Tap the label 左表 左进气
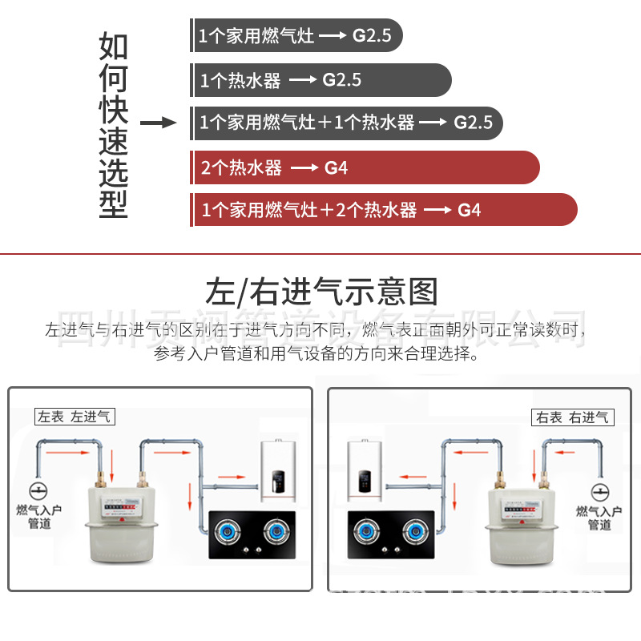[x=75, y=417]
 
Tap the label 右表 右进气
[x=572, y=417]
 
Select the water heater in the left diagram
[x=280, y=476]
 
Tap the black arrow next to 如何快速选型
[x=158, y=123]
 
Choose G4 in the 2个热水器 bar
[x=336, y=168]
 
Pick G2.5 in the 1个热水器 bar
[x=342, y=81]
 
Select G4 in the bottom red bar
[x=470, y=211]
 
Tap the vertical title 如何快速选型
[x=113, y=124]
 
